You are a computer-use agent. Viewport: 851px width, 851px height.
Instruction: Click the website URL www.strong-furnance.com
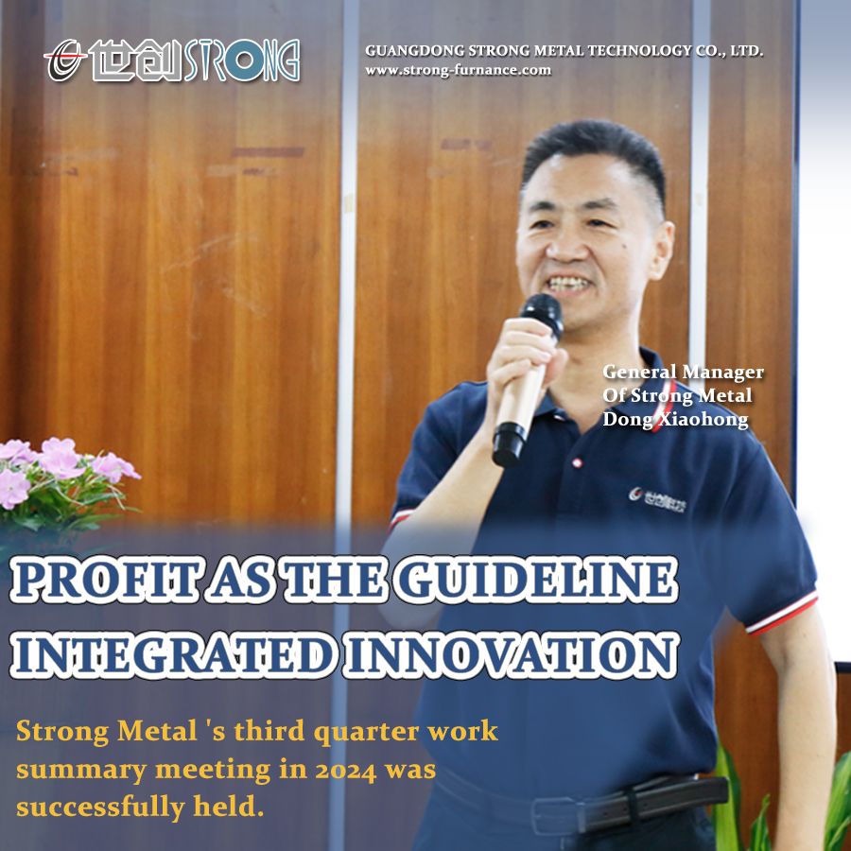[458, 71]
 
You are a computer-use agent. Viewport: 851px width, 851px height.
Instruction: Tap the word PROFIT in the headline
[104, 579]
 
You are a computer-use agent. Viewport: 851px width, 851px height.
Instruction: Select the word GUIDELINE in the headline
[536, 579]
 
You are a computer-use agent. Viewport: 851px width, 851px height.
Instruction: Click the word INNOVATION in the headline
[511, 654]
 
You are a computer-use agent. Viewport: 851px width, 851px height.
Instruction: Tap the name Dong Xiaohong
[675, 420]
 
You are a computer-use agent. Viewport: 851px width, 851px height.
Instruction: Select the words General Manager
[683, 373]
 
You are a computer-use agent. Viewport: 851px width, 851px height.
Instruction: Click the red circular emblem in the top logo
[64, 60]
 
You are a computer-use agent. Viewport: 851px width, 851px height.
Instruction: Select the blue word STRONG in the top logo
[242, 61]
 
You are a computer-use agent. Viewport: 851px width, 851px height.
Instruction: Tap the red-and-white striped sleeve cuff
[783, 614]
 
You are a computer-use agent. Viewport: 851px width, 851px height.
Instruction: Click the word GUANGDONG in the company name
[415, 51]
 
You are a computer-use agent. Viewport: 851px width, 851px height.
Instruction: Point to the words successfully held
[140, 808]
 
